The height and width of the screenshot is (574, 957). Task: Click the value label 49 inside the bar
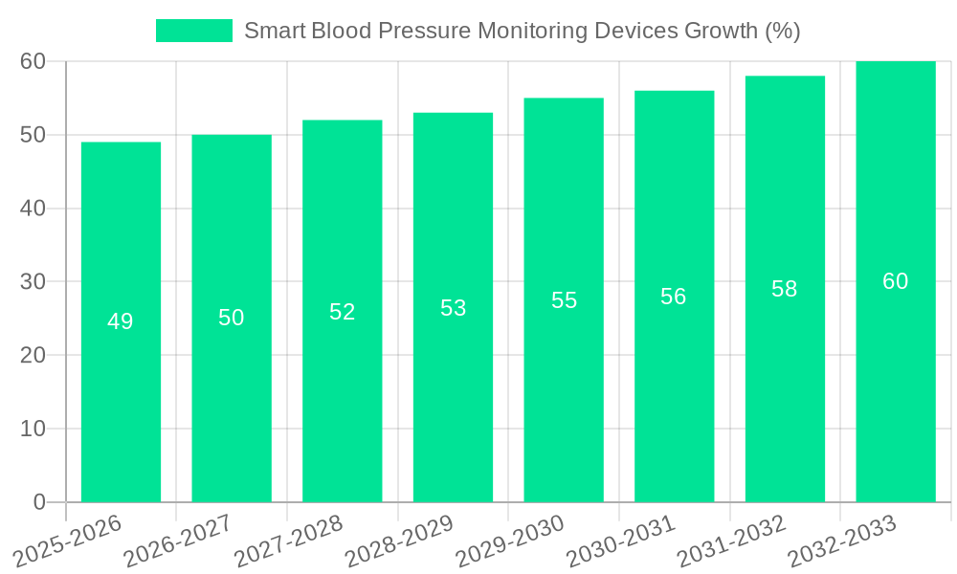(121, 321)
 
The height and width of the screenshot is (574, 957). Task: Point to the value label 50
(232, 318)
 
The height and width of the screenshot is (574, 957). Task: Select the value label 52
(343, 311)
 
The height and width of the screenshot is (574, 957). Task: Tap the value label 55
(564, 300)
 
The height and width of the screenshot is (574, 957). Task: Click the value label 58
(785, 289)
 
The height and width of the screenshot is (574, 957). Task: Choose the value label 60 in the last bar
(895, 281)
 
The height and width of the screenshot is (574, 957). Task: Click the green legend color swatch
(194, 31)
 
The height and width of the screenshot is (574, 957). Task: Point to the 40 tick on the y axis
(33, 209)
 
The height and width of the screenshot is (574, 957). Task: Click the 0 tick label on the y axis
(39, 502)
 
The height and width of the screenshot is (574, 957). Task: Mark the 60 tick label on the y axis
(33, 61)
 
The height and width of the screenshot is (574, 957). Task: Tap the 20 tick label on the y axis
(33, 355)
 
